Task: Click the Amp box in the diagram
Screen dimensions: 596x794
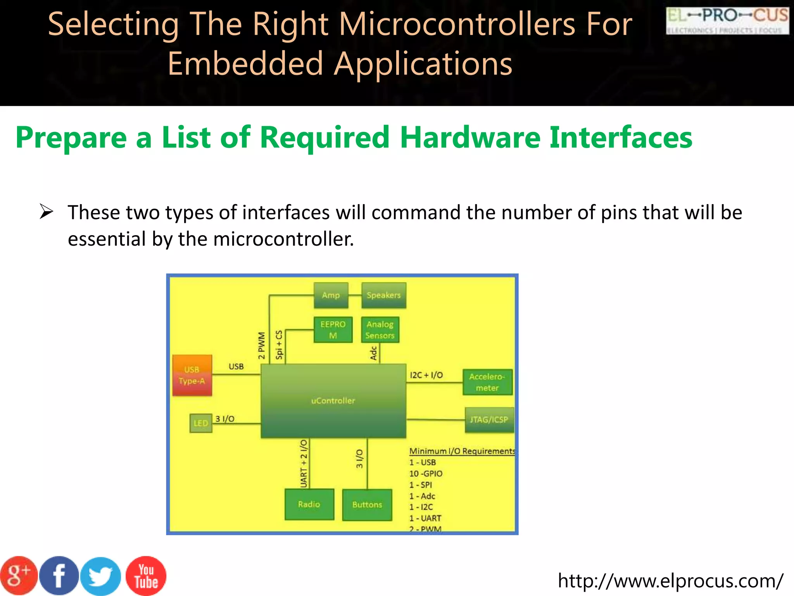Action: click(x=331, y=295)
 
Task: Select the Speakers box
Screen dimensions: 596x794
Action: click(x=383, y=295)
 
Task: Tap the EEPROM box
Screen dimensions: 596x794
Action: click(x=333, y=329)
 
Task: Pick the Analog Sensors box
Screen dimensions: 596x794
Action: click(x=380, y=330)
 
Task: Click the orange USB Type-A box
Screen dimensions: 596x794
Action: click(x=192, y=375)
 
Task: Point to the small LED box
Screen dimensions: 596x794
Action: click(x=200, y=423)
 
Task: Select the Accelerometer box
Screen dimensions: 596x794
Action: click(x=487, y=382)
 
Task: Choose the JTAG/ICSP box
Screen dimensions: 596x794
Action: click(x=489, y=420)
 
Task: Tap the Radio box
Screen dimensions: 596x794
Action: click(x=309, y=504)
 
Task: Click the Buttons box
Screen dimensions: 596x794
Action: click(x=367, y=504)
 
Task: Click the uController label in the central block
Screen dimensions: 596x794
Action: click(x=333, y=401)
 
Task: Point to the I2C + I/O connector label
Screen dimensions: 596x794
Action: click(x=426, y=375)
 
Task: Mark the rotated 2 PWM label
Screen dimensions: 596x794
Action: click(x=262, y=345)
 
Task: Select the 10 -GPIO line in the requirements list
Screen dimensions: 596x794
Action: click(x=426, y=473)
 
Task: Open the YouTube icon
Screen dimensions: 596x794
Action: click(x=146, y=576)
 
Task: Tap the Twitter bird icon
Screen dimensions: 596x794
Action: click(x=101, y=576)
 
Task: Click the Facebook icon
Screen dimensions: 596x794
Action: click(x=59, y=576)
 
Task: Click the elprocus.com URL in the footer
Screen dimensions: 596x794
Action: click(x=670, y=580)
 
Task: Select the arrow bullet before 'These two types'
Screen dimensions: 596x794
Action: click(x=47, y=212)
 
